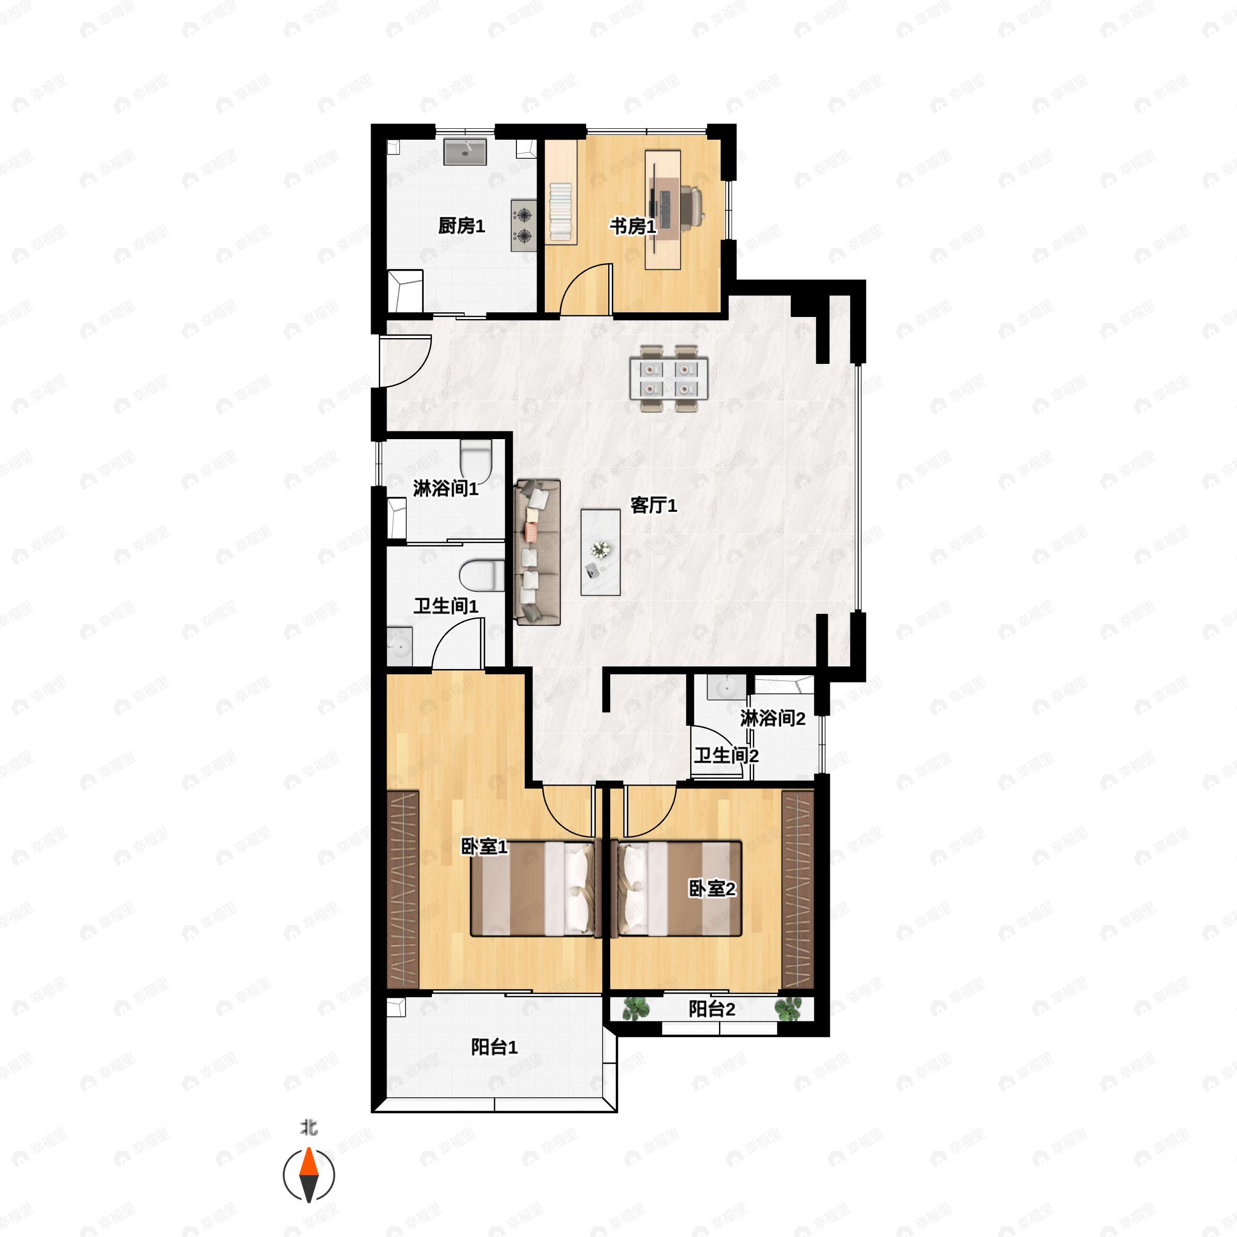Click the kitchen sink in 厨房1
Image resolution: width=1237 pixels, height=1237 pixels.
(465, 151)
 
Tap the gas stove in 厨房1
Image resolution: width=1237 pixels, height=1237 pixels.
(523, 225)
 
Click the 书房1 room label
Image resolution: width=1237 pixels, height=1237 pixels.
(632, 226)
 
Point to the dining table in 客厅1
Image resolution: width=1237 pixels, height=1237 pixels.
(669, 379)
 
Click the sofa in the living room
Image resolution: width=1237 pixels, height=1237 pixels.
(537, 552)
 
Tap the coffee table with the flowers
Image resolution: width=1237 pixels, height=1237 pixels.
(600, 552)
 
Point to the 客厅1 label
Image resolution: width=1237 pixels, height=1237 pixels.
(653, 506)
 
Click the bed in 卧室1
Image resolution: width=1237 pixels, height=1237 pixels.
(533, 889)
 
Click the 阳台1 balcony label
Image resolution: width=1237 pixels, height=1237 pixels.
(494, 1047)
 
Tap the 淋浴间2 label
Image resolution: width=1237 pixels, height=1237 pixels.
(773, 718)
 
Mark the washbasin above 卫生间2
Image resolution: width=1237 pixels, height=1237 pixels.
(726, 688)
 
